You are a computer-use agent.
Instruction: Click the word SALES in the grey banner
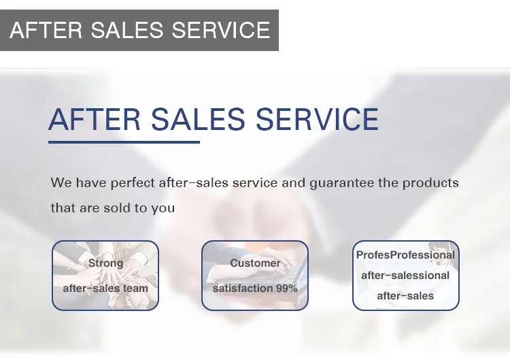tap(126, 30)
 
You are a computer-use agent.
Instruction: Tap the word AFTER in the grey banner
tap(46, 30)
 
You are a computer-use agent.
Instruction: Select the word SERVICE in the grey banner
tap(221, 30)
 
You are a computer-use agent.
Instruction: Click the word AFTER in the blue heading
tap(95, 119)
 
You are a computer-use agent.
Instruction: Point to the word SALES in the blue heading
tap(198, 119)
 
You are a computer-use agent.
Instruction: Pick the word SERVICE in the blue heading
tap(317, 119)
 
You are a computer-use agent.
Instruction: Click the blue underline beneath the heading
tap(124, 142)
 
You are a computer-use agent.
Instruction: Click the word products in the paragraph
tap(430, 182)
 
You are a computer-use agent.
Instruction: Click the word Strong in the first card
tap(105, 263)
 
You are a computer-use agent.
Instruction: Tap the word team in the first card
tap(135, 289)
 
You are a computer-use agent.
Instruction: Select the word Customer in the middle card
tap(255, 263)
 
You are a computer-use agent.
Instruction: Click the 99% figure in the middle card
tap(287, 289)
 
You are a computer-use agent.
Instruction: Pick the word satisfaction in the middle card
tap(243, 289)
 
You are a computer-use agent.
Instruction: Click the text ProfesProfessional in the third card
tap(405, 255)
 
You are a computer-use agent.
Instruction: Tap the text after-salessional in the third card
tap(405, 276)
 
